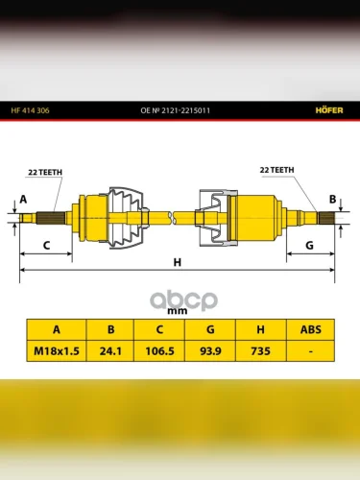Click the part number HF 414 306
click(x=30, y=110)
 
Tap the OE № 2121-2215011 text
click(x=176, y=110)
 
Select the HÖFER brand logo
click(x=329, y=110)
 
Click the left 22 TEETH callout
click(x=45, y=172)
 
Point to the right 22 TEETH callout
click(x=276, y=170)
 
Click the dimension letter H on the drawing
click(x=178, y=262)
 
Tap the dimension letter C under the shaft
click(x=46, y=246)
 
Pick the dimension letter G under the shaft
click(x=309, y=246)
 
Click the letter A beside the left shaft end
click(x=23, y=200)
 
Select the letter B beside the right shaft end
click(x=333, y=200)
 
